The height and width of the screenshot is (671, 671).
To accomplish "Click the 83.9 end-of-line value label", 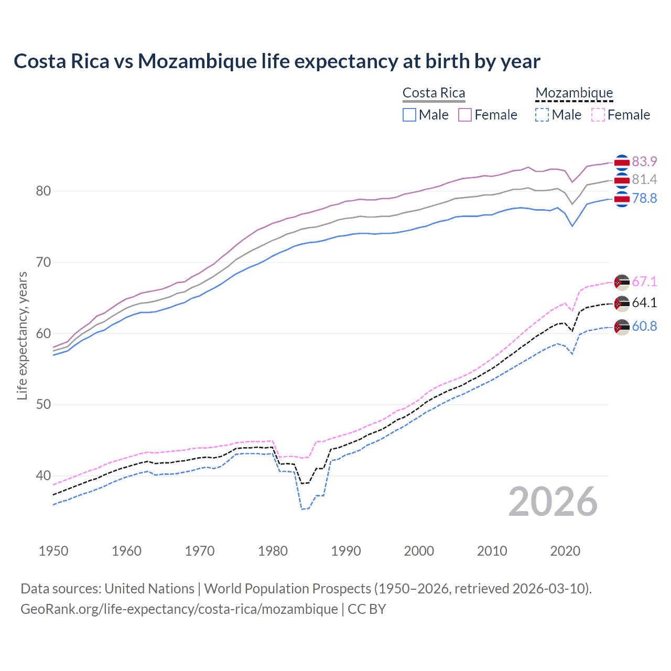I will [x=644, y=161].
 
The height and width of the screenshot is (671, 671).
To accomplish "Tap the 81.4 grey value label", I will [x=644, y=180].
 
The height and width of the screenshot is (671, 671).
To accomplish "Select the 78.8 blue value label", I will [x=644, y=198].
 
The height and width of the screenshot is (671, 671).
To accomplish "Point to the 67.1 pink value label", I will [x=644, y=282].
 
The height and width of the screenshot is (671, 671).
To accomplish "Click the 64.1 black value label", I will [x=644, y=302].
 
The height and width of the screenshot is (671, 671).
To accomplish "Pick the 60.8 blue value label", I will [x=644, y=326].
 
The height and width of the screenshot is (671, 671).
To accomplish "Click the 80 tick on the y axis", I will [x=44, y=191].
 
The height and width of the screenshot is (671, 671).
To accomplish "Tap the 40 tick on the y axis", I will [x=44, y=475].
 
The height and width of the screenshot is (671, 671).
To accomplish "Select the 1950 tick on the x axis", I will [x=53, y=551].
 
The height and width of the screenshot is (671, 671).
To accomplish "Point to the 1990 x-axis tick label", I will [x=346, y=551].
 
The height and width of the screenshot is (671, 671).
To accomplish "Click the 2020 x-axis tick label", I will [x=565, y=551].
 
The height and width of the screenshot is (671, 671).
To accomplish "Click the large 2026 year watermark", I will [x=553, y=502].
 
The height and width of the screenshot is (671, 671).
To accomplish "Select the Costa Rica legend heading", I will [x=434, y=93].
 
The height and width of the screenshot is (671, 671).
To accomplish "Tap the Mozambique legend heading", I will [x=574, y=93].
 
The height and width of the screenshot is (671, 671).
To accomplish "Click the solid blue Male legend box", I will [x=409, y=115].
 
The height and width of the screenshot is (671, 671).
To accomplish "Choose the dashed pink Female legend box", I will [x=598, y=115].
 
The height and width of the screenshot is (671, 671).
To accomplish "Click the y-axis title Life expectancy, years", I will [x=22, y=335].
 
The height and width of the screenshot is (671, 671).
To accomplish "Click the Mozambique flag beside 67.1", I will [x=622, y=282].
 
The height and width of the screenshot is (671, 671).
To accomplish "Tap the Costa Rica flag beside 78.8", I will [x=622, y=199].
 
